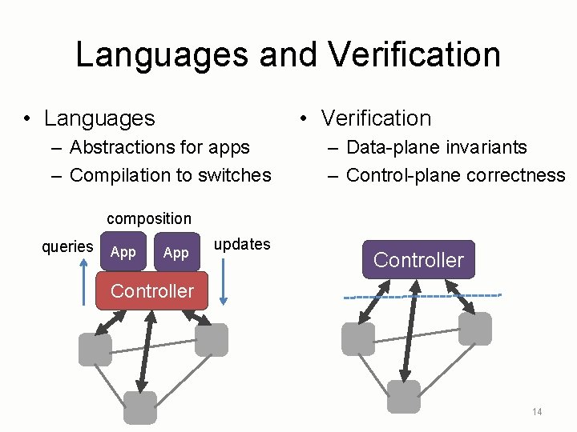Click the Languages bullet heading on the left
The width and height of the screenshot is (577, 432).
tap(99, 118)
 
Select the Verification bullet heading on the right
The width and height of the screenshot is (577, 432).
tap(376, 118)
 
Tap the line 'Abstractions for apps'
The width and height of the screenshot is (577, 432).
tap(159, 147)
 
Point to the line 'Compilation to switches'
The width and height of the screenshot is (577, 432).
tap(170, 175)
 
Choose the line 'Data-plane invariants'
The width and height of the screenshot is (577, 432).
tap(436, 147)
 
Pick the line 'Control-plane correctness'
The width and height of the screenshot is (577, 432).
tap(455, 175)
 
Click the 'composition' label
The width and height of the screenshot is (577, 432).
tap(149, 218)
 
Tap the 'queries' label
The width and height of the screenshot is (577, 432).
tap(67, 246)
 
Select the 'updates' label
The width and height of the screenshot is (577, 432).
tap(242, 244)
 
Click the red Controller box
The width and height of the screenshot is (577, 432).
tap(151, 291)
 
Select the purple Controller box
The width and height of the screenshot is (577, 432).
tap(418, 259)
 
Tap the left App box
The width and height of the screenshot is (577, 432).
tap(123, 253)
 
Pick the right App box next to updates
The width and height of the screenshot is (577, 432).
tap(176, 253)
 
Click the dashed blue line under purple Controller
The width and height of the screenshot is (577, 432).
tap(422, 296)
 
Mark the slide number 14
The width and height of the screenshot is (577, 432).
tap(536, 412)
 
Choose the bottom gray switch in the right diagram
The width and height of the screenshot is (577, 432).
tap(403, 397)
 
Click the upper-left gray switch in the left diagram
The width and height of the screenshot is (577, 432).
tap(95, 350)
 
